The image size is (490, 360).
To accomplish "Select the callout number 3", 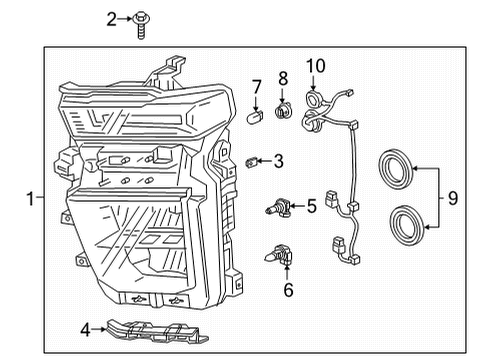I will [x=278, y=160].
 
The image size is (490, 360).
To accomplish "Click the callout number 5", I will [x=311, y=207].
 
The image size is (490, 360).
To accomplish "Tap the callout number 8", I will [x=283, y=77].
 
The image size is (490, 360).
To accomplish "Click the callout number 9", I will [x=453, y=198].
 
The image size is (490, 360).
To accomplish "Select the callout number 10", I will [x=316, y=67].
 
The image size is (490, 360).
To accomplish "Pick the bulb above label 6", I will [x=279, y=257].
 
